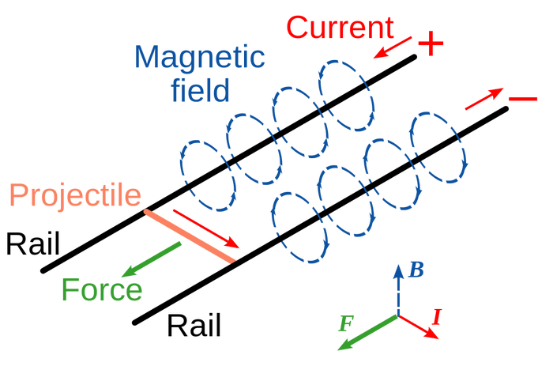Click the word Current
[340, 28]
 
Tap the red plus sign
[431, 43]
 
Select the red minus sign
[523, 99]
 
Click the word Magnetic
[199, 56]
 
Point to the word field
[201, 89]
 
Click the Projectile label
[75, 195]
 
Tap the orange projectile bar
[190, 236]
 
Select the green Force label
[102, 289]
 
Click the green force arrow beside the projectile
[152, 259]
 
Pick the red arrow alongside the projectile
[206, 228]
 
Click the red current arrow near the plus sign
[393, 47]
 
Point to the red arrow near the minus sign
[484, 99]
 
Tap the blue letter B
[416, 270]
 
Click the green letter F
[346, 323]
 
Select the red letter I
[437, 317]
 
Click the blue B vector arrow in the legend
[398, 290]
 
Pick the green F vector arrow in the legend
[368, 333]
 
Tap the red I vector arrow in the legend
[419, 327]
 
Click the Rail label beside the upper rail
[33, 244]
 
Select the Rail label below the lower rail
[194, 325]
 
